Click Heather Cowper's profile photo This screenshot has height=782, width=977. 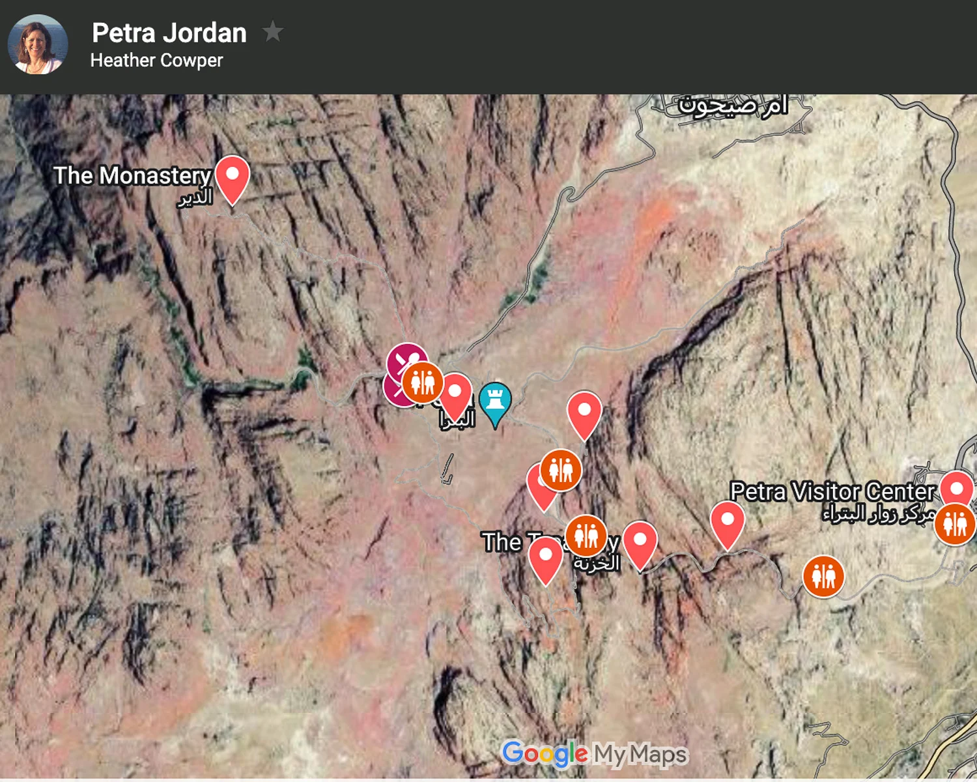pos(37,44)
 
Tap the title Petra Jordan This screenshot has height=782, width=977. pos(169,33)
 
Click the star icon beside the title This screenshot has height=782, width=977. pos(272,31)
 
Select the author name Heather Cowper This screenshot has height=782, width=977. pos(156,61)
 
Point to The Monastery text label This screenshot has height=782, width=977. pos(132,175)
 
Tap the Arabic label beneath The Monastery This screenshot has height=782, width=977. pos(195,197)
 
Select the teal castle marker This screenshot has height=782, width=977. pos(495,401)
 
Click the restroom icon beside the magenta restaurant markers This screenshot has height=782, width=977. pos(423,383)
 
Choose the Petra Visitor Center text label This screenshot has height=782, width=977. pos(832,491)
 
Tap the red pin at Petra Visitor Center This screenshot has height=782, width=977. pos(956,489)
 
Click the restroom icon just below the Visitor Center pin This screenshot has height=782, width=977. pos(955,524)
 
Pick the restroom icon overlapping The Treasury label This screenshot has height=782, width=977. pos(586,535)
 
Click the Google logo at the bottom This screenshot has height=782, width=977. pos(545,754)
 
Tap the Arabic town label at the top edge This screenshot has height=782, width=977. pos(732,106)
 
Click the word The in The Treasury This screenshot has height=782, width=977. pos(502,542)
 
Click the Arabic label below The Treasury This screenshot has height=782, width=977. pos(596,564)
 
